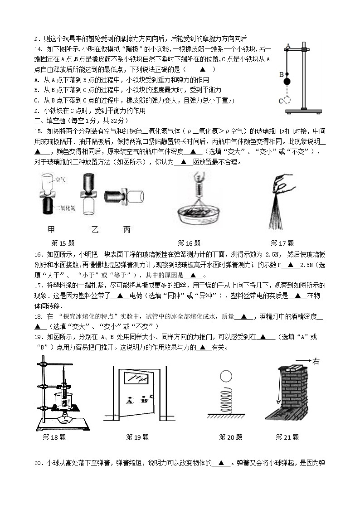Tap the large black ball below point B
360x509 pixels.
point(287,82)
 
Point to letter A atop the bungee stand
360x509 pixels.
point(287,45)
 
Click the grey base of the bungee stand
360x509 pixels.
point(303,111)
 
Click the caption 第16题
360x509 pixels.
point(189,243)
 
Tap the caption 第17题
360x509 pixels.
point(282,243)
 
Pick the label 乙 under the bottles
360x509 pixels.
point(95,229)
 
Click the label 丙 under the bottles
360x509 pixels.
point(126,229)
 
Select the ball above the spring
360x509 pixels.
point(225,376)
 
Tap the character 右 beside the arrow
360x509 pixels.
point(316,361)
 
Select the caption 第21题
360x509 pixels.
point(287,437)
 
